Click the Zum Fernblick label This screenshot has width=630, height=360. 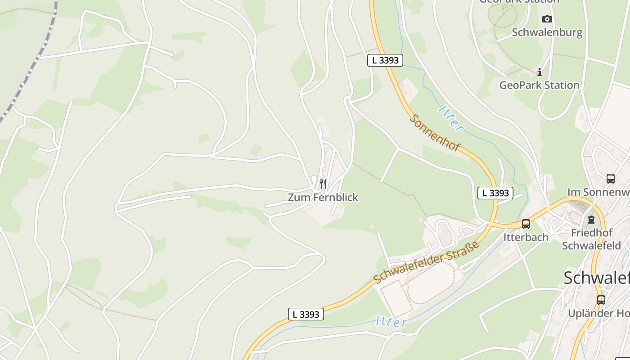pos(323,197)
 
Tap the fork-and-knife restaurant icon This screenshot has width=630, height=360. pos(323,184)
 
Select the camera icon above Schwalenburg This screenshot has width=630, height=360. pos(547,19)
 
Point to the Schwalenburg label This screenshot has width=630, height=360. pos(547,32)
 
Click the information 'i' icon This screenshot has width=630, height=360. pos(540,72)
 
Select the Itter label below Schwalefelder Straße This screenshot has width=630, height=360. pos(391,322)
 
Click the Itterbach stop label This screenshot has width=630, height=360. pos(526,237)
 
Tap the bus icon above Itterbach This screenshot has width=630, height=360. pos(526,224)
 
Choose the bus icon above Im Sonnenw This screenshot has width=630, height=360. pos(611,179)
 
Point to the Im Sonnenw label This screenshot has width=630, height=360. pos(598,192)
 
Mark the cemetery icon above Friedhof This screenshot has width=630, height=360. pos(591,220)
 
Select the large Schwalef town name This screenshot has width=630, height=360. pos(596,278)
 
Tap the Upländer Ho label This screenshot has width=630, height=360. pos(598,313)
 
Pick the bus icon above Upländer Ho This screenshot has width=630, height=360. pos(601,300)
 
